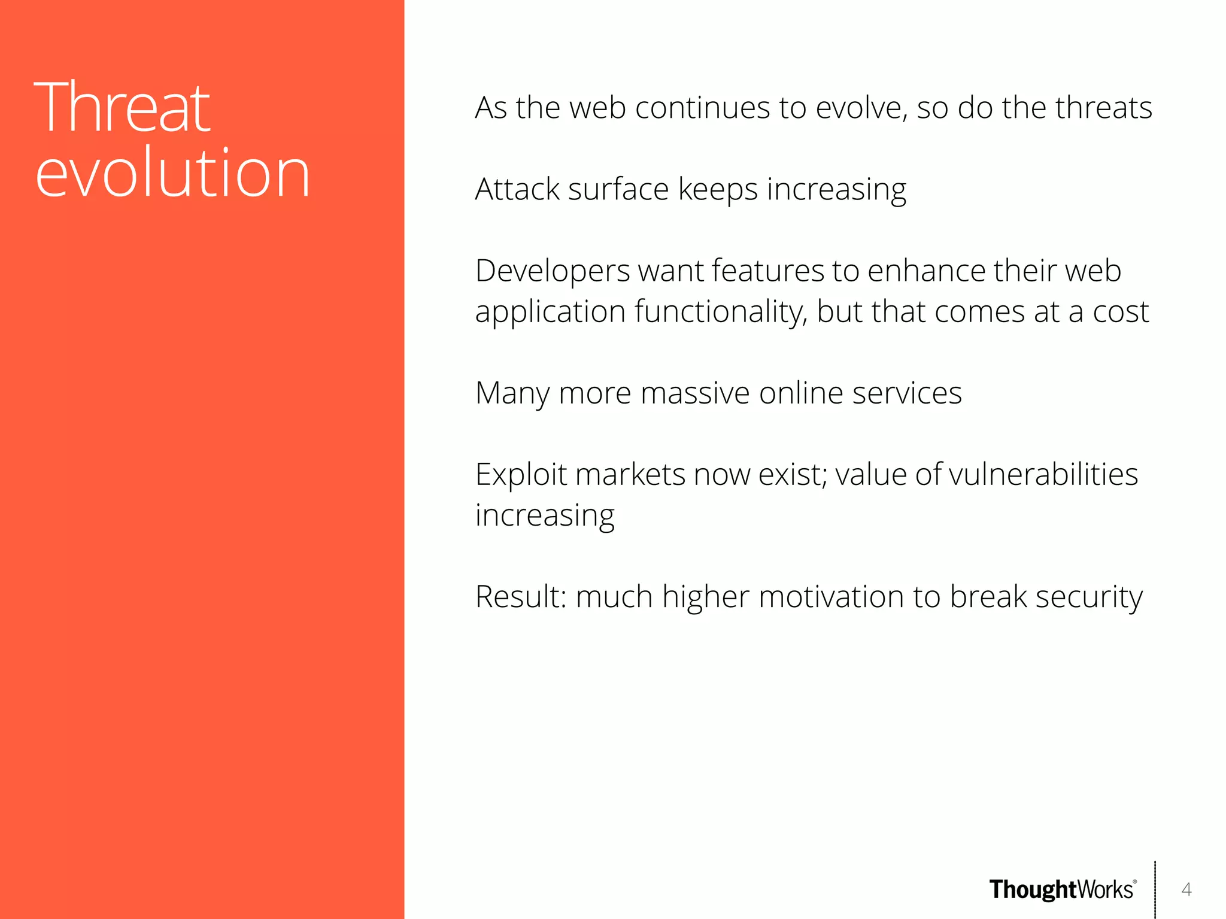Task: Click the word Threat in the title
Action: point(122,108)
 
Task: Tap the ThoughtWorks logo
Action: point(1062,890)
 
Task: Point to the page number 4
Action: point(1186,890)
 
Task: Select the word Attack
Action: point(517,189)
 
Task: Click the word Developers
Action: point(552,271)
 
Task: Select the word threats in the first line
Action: point(1103,108)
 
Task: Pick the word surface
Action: point(618,189)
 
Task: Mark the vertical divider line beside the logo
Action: point(1155,890)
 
